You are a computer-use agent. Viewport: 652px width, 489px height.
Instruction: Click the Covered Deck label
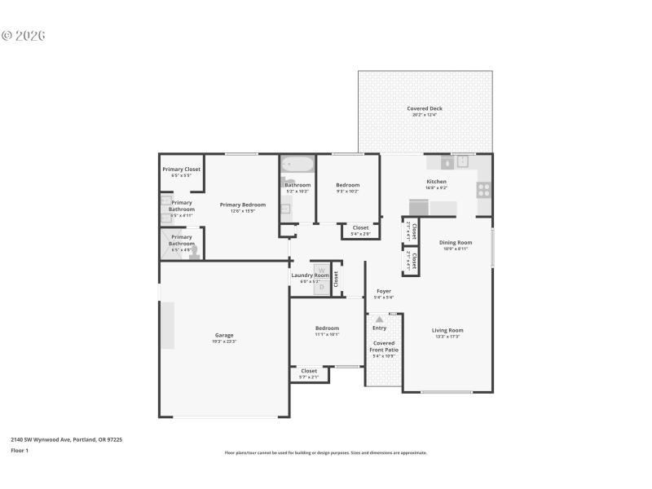tap(425, 108)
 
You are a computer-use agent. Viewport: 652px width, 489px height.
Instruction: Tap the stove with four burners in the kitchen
tap(483, 190)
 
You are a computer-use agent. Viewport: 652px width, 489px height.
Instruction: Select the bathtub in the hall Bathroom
tap(296, 165)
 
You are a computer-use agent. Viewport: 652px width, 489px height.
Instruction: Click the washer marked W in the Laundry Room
tap(321, 271)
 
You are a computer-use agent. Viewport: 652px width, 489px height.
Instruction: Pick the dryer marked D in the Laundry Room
tap(321, 286)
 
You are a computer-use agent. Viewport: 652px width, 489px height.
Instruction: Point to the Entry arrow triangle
tap(379, 319)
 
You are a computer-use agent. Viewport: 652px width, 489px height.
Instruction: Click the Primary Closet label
tap(181, 170)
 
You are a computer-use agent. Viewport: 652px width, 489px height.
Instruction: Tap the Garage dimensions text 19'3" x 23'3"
tap(224, 341)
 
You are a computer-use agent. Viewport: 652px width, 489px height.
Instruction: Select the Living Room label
tap(447, 330)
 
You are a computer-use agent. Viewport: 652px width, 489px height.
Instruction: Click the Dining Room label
tap(456, 242)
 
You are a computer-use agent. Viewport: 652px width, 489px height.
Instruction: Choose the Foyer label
tap(383, 291)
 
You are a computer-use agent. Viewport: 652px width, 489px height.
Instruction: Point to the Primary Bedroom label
tap(243, 205)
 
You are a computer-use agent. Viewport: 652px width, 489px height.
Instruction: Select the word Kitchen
tap(436, 181)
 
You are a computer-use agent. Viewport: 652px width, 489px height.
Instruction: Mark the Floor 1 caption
tap(20, 450)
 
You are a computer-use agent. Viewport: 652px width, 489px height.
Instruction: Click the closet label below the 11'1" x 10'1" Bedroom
tap(309, 371)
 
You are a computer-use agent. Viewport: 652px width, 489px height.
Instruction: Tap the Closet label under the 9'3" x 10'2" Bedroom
tap(360, 228)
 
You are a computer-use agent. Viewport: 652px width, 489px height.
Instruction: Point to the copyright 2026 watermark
tap(24, 36)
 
